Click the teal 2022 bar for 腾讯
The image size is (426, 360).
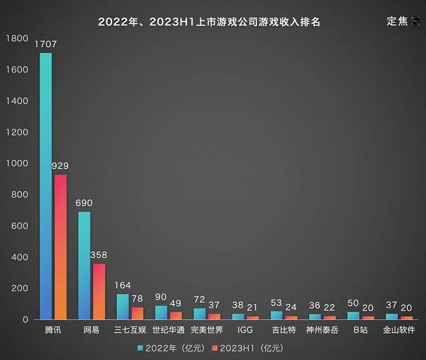[x=46, y=186]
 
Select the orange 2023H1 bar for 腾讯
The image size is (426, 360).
[x=61, y=247]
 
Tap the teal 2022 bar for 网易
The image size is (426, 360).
[x=84, y=265]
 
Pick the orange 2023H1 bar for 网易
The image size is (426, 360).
[x=99, y=291]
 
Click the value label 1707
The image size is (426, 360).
[x=46, y=44]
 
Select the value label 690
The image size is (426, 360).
[x=84, y=203]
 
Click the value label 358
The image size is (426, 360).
[x=99, y=255]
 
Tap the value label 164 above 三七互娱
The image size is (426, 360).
[x=122, y=285]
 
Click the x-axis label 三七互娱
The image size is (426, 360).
[x=130, y=331]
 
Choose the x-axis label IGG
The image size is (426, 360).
[x=245, y=331]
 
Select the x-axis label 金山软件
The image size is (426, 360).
[x=399, y=331]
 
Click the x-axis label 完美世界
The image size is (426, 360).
[x=207, y=331]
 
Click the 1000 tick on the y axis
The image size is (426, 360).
[x=17, y=164]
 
